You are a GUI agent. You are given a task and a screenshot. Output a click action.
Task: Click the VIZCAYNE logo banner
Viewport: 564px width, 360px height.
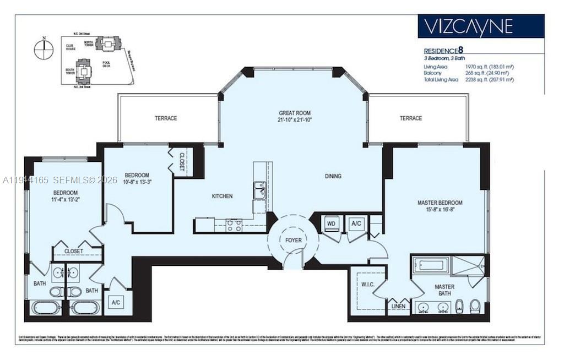coord(481,26)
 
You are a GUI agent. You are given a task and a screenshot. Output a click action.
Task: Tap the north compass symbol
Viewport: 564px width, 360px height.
coord(42,50)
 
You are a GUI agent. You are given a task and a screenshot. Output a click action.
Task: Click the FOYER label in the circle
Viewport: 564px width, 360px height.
coord(293,240)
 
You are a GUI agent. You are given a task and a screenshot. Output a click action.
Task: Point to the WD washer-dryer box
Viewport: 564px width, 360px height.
coord(331,223)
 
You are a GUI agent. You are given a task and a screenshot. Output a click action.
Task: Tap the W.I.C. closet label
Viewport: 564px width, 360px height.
coord(367,285)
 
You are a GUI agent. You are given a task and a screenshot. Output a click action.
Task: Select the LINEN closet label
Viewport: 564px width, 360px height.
coord(398,306)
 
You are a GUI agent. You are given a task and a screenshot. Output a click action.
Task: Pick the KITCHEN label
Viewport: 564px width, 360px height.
coord(223,196)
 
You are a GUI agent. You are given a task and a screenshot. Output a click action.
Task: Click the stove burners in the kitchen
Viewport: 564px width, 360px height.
coord(234,225)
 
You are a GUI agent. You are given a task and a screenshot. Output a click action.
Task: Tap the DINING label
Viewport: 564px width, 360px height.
coord(333,176)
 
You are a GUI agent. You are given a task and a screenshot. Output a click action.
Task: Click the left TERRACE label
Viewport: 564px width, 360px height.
coord(165,118)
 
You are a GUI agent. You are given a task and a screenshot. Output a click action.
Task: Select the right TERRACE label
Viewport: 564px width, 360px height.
coord(411,118)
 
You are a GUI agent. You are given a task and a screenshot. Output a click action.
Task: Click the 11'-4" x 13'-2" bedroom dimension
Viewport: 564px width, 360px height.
coord(66,200)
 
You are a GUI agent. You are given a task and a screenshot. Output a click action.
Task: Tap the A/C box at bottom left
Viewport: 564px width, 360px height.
coord(116,302)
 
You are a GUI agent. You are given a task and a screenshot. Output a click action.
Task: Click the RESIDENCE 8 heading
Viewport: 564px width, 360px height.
coord(447,49)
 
